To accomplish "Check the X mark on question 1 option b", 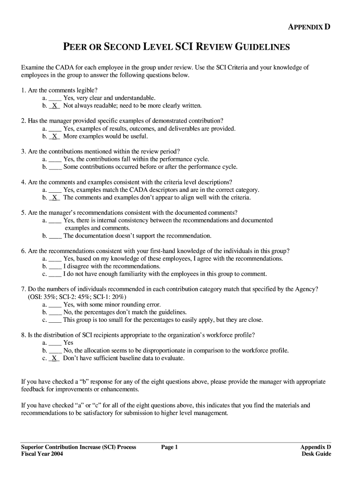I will point(55,106).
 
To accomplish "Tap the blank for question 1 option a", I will point(55,98).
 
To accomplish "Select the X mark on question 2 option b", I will point(55,137).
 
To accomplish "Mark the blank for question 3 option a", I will point(55,160).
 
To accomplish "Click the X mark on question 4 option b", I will point(55,197).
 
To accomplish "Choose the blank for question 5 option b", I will point(55,236).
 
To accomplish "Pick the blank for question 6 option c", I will point(55,274).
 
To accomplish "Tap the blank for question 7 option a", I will point(55,305).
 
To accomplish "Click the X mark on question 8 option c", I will point(55,358).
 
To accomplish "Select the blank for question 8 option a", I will point(55,343).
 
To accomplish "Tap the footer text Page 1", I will point(170,447).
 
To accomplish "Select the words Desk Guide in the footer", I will point(317,454).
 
